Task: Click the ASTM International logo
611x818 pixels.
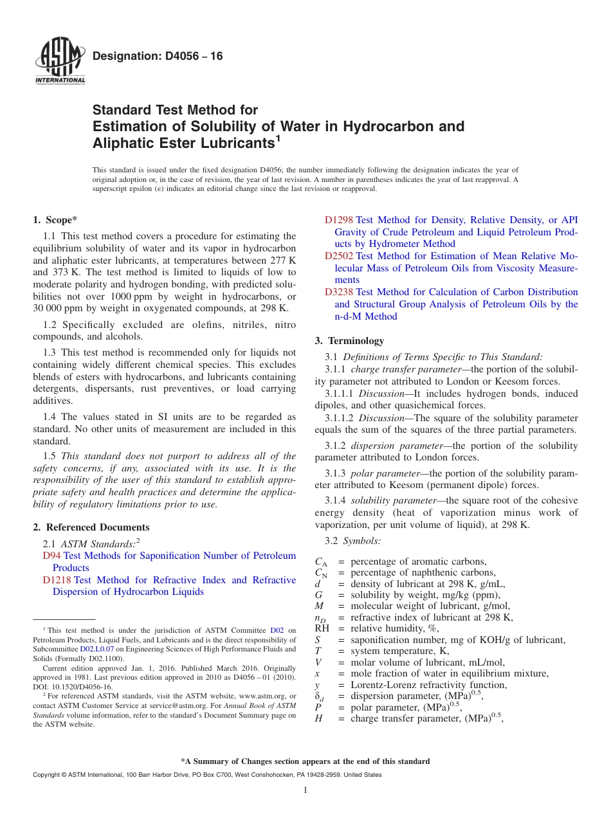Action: point(59,62)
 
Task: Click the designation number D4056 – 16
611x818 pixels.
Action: point(158,57)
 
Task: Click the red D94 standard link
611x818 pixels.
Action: point(51,556)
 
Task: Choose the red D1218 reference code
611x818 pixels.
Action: point(57,580)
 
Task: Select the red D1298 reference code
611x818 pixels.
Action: point(339,220)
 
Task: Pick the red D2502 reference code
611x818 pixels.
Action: point(339,256)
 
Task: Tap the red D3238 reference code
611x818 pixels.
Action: point(339,292)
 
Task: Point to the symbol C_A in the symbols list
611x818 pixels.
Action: point(321,561)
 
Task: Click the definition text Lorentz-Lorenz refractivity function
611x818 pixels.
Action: point(428,685)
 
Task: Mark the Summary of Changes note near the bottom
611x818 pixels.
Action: point(305,761)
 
